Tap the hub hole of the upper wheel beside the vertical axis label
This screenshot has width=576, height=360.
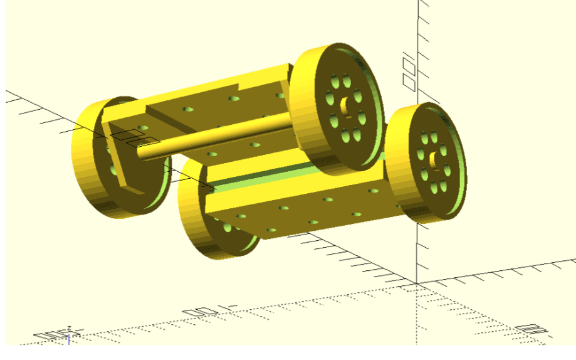click(344, 105)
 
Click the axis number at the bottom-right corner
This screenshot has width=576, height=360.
click(530, 330)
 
